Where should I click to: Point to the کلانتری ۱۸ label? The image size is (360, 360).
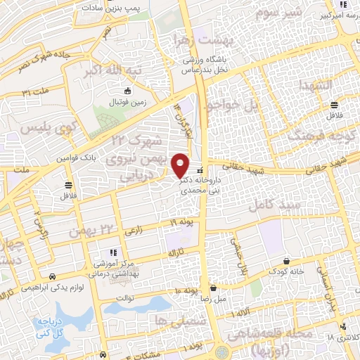coord(343,337)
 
